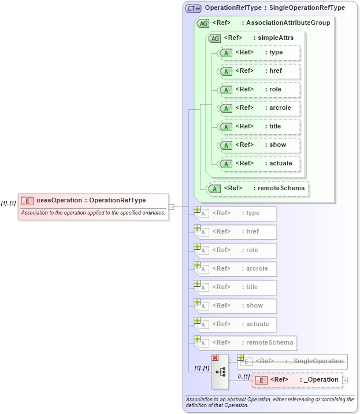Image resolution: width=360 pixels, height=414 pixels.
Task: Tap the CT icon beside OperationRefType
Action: pyautogui.click(x=192, y=8)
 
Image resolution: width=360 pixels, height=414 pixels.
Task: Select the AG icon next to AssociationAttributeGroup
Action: pyautogui.click(x=203, y=23)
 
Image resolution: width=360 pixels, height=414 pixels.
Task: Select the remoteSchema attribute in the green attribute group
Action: pyautogui.click(x=258, y=188)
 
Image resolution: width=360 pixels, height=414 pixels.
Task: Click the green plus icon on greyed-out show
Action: pyautogui.click(x=197, y=302)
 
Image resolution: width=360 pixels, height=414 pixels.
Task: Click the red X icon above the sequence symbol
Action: pyautogui.click(x=215, y=358)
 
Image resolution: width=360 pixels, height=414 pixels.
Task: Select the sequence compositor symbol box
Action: pyautogui.click(x=220, y=371)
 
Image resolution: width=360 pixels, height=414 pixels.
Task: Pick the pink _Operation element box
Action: pyautogui.click(x=297, y=380)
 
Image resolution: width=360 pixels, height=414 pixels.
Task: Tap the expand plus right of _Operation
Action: pyautogui.click(x=345, y=380)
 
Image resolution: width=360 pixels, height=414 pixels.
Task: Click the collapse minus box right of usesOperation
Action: pyautogui.click(x=171, y=206)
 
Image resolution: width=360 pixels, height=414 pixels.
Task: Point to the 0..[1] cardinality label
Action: pyautogui.click(x=243, y=376)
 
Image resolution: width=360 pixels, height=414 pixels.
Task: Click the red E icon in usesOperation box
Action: pyautogui.click(x=27, y=201)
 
